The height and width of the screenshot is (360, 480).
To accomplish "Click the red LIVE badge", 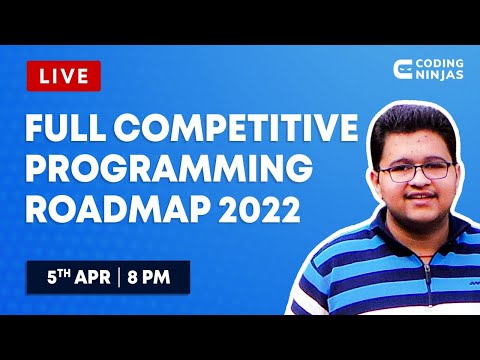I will click(x=63, y=75).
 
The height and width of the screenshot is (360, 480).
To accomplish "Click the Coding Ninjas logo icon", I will click(x=405, y=70).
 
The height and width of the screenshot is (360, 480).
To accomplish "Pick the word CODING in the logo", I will click(x=439, y=64).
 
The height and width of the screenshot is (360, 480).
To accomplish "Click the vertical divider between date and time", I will click(x=119, y=277).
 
